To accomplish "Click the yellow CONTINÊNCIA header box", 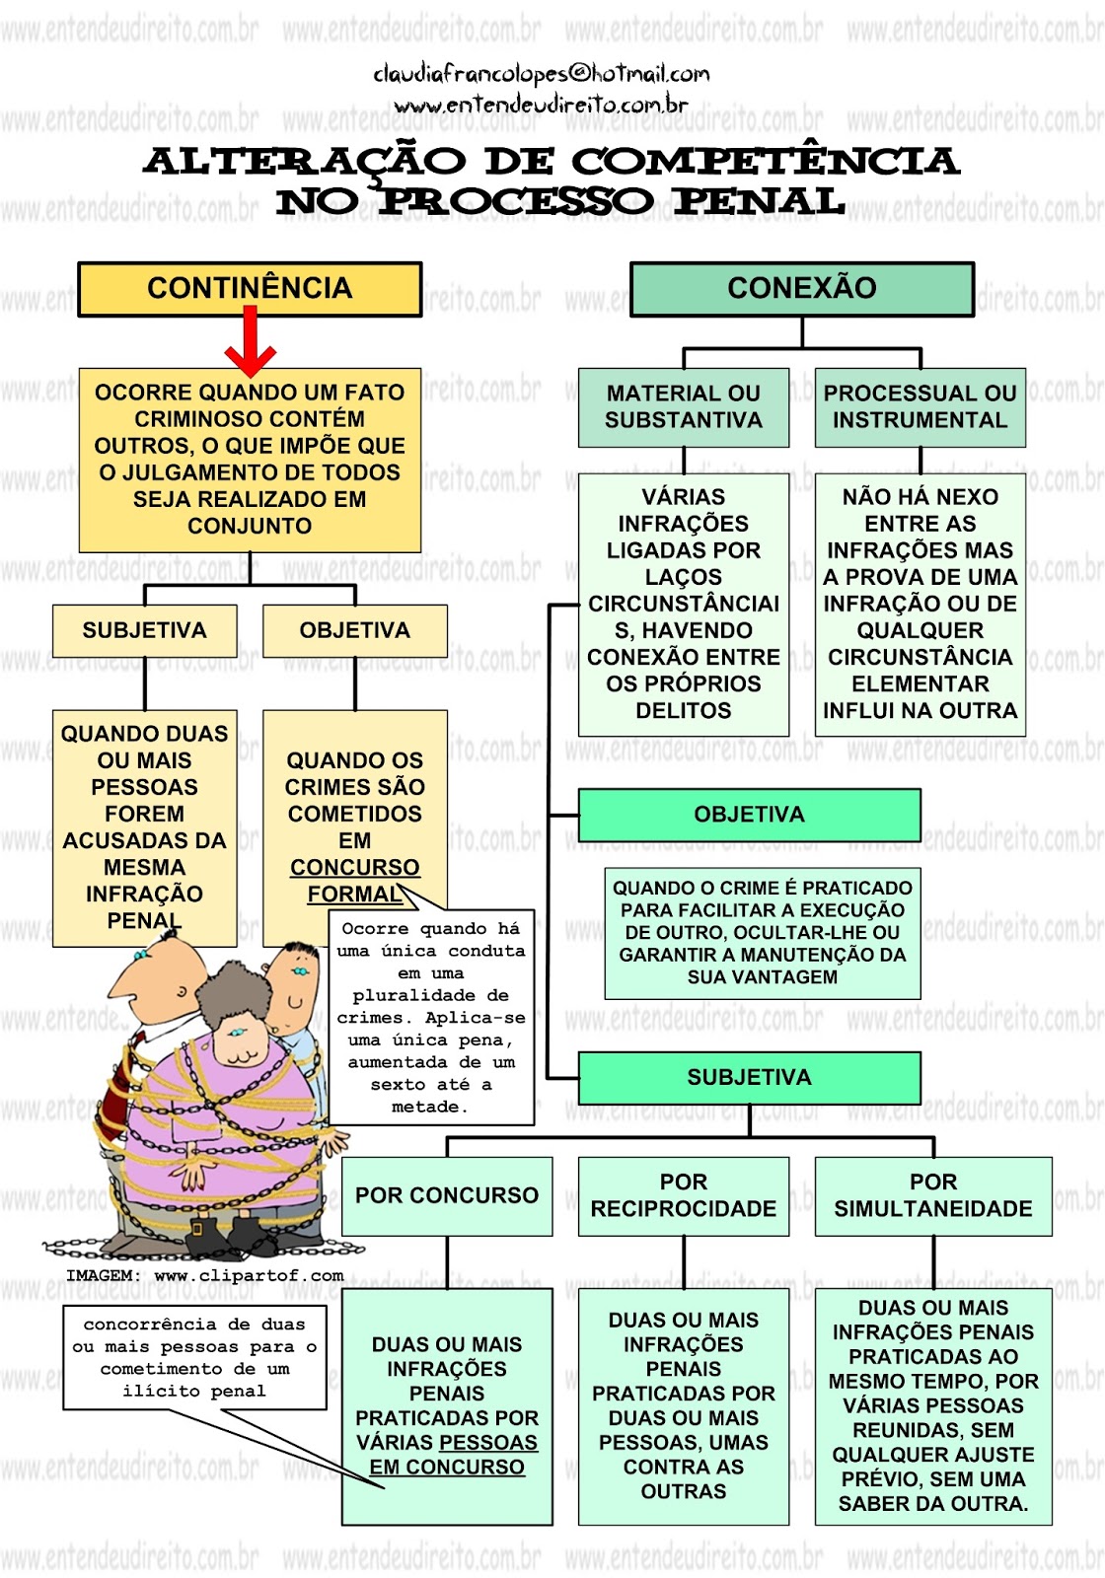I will (x=250, y=288).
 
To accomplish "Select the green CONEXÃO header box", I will (x=801, y=288).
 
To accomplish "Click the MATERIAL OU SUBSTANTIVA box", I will (x=683, y=406).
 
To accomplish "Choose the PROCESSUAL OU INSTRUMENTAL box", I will (x=920, y=406).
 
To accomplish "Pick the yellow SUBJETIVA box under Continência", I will (x=144, y=630).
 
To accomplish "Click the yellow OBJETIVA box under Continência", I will (x=354, y=630).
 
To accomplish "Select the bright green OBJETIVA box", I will (x=749, y=815).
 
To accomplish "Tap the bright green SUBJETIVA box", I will (x=749, y=1077).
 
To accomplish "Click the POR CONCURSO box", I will (x=446, y=1195).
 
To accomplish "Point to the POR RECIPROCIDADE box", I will (x=683, y=1195).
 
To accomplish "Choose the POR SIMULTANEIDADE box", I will (x=932, y=1195).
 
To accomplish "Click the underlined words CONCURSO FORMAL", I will (x=354, y=881).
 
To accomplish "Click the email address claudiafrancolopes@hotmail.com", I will (x=541, y=74).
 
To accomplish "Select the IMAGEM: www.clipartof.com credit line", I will (x=205, y=1275).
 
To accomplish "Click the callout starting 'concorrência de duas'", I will (x=194, y=1357).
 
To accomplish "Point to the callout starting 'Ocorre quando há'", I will (x=431, y=1016).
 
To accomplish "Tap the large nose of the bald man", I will (x=128, y=981).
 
